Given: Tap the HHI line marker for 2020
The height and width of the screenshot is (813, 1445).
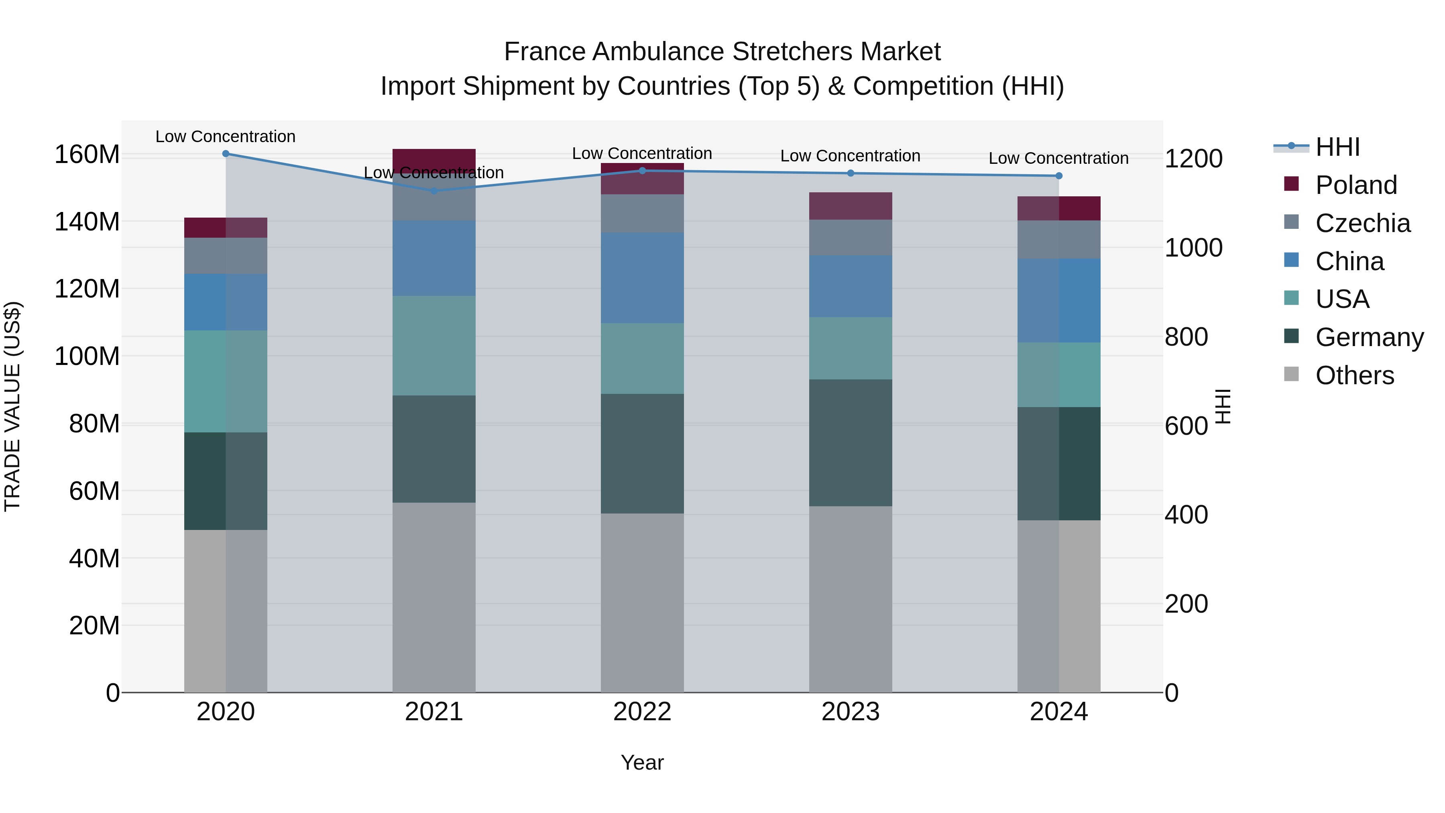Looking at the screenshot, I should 226,154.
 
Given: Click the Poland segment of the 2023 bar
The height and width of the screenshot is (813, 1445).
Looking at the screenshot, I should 851,206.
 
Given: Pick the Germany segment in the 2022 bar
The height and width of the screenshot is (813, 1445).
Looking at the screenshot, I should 642,453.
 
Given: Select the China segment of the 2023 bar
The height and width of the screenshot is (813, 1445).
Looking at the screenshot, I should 851,286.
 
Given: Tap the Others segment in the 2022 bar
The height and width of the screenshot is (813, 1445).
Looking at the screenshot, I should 642,603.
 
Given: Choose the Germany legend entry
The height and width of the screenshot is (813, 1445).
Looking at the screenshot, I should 1369,337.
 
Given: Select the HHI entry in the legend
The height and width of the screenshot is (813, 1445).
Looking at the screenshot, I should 1337,147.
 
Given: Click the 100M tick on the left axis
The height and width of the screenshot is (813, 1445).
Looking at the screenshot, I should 87,356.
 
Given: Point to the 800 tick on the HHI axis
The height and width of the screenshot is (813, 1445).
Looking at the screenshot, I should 1186,337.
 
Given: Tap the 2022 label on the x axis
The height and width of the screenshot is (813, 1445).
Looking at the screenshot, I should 642,712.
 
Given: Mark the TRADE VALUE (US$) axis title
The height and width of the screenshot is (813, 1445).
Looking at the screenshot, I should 12,406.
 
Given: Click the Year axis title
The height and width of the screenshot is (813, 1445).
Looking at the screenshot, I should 642,762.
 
